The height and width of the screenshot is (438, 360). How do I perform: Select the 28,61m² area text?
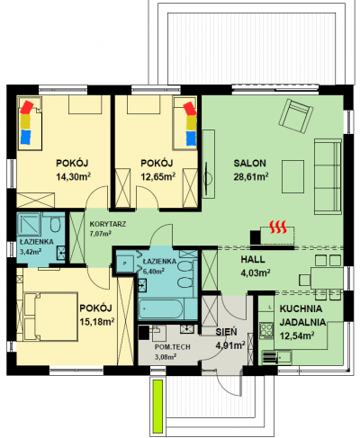[x=251, y=176]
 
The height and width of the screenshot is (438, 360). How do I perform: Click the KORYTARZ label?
[x=108, y=224]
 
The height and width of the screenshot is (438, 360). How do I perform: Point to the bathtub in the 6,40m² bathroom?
[x=160, y=308]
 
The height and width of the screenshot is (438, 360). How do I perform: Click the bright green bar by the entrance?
[x=157, y=407]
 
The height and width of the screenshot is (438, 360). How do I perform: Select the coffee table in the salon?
[x=292, y=176]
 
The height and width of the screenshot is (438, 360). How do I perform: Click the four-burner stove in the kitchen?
[x=266, y=330]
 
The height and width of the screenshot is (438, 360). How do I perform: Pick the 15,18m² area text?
[x=97, y=322]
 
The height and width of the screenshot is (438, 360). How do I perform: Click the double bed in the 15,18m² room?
[x=50, y=317]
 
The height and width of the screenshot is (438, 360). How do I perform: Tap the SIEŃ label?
[x=226, y=332]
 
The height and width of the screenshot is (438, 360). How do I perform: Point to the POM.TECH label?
[x=173, y=347]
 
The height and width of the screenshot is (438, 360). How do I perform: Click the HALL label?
[x=253, y=259]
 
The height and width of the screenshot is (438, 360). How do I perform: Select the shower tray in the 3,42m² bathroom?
[x=29, y=224]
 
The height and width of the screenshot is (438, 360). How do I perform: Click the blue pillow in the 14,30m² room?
[x=26, y=137]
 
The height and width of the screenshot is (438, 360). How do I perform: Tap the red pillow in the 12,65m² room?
[x=190, y=108]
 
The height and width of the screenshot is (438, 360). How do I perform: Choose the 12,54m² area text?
[x=297, y=335]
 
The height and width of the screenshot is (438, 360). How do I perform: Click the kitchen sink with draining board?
[x=277, y=357]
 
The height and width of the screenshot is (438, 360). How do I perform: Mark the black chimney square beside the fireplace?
[x=256, y=237]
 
